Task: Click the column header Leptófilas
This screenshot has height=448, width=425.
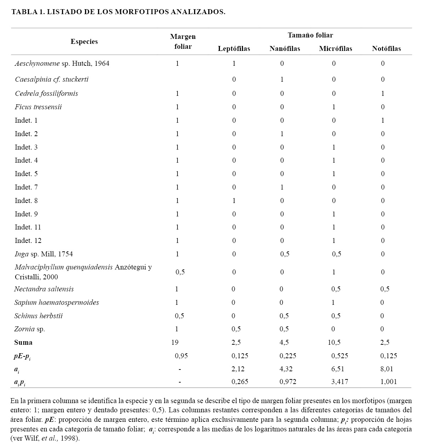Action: (234, 49)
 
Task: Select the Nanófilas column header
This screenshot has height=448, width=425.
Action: (284, 49)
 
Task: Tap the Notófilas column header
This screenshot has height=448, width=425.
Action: (386, 49)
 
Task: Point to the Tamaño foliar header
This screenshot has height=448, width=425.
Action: (310, 35)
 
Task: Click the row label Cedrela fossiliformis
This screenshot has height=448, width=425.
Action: (46, 94)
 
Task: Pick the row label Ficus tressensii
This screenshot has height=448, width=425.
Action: (38, 107)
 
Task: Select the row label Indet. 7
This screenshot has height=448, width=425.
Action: (26, 187)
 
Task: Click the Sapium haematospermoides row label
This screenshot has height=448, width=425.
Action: (57, 303)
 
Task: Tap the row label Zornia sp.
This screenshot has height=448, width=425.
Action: (30, 329)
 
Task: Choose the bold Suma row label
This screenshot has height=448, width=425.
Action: (23, 343)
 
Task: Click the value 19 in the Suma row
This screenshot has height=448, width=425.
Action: (175, 343)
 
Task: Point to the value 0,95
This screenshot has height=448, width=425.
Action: (181, 356)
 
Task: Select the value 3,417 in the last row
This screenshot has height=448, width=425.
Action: (339, 382)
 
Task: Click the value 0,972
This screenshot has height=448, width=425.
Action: (288, 382)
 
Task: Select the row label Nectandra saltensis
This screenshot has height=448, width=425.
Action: (44, 289)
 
